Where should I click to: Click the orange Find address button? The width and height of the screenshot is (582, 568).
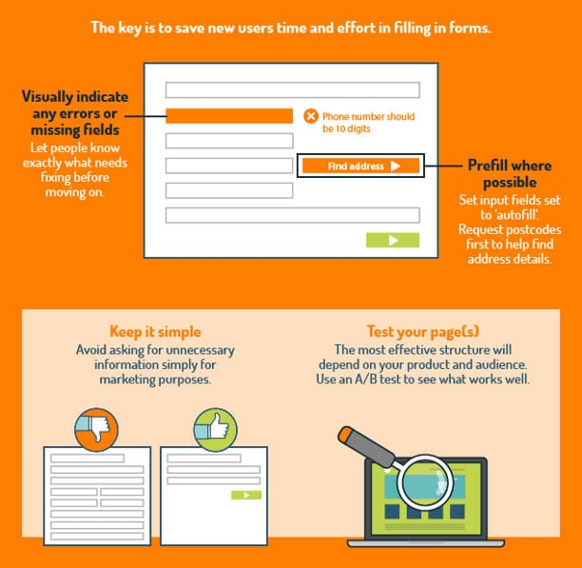(x=360, y=166)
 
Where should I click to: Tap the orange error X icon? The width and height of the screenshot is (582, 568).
(x=311, y=116)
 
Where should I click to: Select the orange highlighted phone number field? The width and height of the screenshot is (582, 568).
(x=229, y=116)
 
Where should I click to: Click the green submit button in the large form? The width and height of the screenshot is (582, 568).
(x=393, y=240)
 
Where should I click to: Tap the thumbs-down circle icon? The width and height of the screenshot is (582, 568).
(x=96, y=429)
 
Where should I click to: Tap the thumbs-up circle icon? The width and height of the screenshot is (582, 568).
(x=215, y=429)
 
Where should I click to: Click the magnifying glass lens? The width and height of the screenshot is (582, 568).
(x=425, y=481)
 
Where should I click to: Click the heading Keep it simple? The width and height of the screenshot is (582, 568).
(x=155, y=331)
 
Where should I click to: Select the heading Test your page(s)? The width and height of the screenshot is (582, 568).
(x=423, y=331)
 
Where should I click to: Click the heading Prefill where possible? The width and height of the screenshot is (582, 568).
(x=510, y=174)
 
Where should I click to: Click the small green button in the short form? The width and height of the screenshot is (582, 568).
(x=246, y=495)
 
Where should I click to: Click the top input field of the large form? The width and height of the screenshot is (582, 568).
(x=293, y=89)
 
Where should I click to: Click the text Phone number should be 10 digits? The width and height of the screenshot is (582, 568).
(x=368, y=123)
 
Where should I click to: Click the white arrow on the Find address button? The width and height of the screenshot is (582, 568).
(x=396, y=166)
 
